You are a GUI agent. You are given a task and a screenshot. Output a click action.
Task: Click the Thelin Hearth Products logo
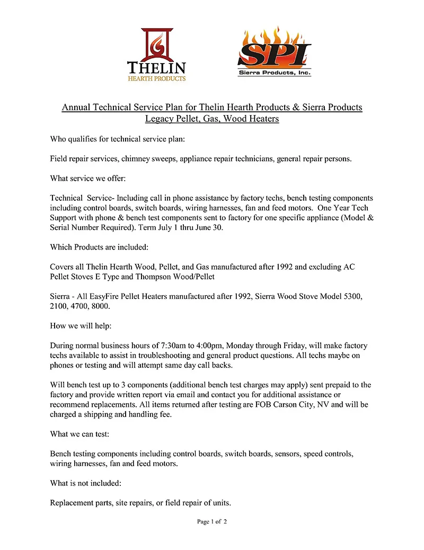click(x=156, y=56)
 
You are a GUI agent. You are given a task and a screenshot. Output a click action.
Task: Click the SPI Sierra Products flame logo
click(x=274, y=52)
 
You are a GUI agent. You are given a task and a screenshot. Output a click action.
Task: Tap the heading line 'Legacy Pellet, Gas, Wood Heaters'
click(x=212, y=119)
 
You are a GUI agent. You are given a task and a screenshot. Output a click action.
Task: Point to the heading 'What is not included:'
click(x=85, y=483)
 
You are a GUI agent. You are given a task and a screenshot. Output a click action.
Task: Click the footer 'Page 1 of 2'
click(x=212, y=522)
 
